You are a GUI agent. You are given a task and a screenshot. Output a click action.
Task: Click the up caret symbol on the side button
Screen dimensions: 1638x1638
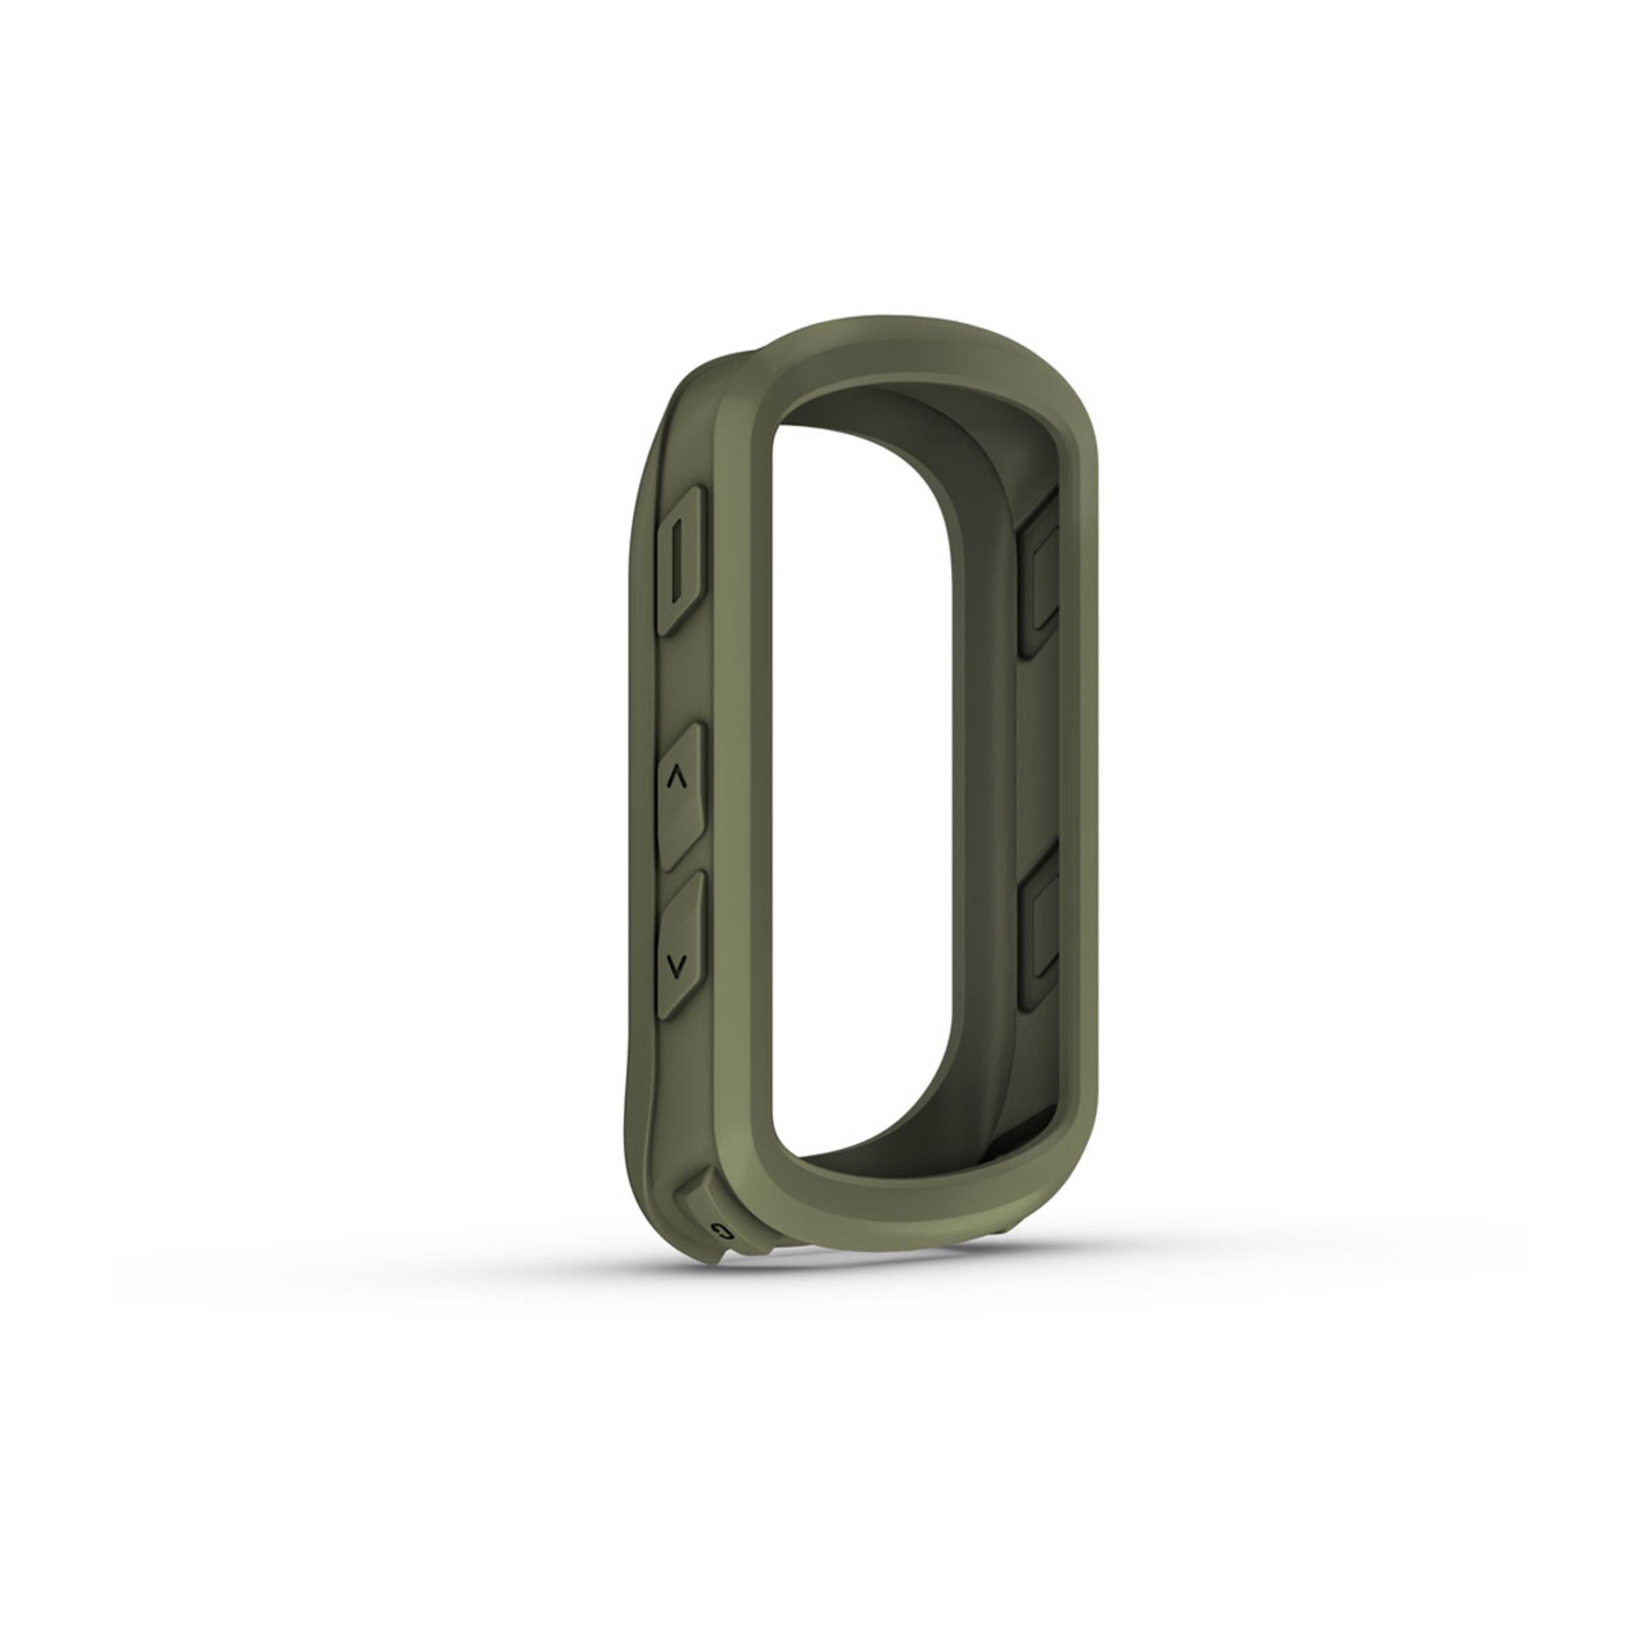676,778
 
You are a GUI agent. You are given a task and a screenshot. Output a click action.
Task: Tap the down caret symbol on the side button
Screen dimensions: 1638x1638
676,964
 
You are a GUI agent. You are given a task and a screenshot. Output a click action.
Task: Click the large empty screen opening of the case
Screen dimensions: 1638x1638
856,763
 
